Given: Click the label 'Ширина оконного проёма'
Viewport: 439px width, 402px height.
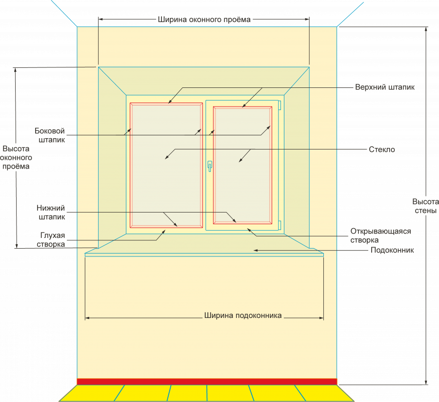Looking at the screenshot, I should click(204, 20).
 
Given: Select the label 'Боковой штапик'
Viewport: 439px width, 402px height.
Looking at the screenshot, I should click(50, 135).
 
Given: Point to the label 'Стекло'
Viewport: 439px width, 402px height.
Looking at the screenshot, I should click(382, 149).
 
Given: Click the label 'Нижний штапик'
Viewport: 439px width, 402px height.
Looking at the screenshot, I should click(51, 212).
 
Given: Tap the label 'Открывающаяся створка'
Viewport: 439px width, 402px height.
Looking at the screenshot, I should click(380, 235).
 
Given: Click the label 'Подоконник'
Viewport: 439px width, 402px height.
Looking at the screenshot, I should click(392, 250).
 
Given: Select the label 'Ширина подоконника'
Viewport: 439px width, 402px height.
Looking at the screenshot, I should click(242, 316).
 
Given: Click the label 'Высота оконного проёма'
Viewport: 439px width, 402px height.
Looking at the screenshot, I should click(16, 157).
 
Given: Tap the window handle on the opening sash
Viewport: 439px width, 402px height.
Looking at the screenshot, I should click(209, 166).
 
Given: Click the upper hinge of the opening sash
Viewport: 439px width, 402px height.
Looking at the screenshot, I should click(279, 106).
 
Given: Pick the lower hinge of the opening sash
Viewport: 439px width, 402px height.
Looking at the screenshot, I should click(279, 225).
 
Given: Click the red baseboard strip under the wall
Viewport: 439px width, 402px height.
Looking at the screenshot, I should click(207, 381).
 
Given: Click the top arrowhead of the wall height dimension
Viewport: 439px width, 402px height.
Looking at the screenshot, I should click(426, 29).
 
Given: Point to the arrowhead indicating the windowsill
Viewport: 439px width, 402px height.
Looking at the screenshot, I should click(255, 250).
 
